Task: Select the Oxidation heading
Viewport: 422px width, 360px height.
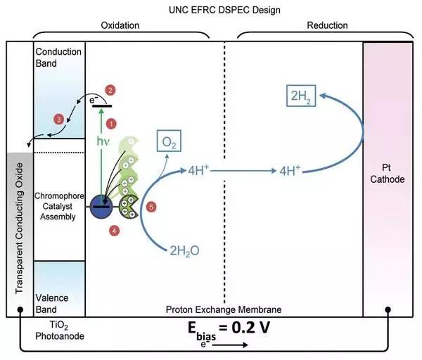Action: (121, 25)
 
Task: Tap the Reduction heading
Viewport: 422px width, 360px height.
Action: (327, 25)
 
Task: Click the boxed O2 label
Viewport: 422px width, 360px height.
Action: (168, 144)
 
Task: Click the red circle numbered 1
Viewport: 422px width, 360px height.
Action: (110, 124)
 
